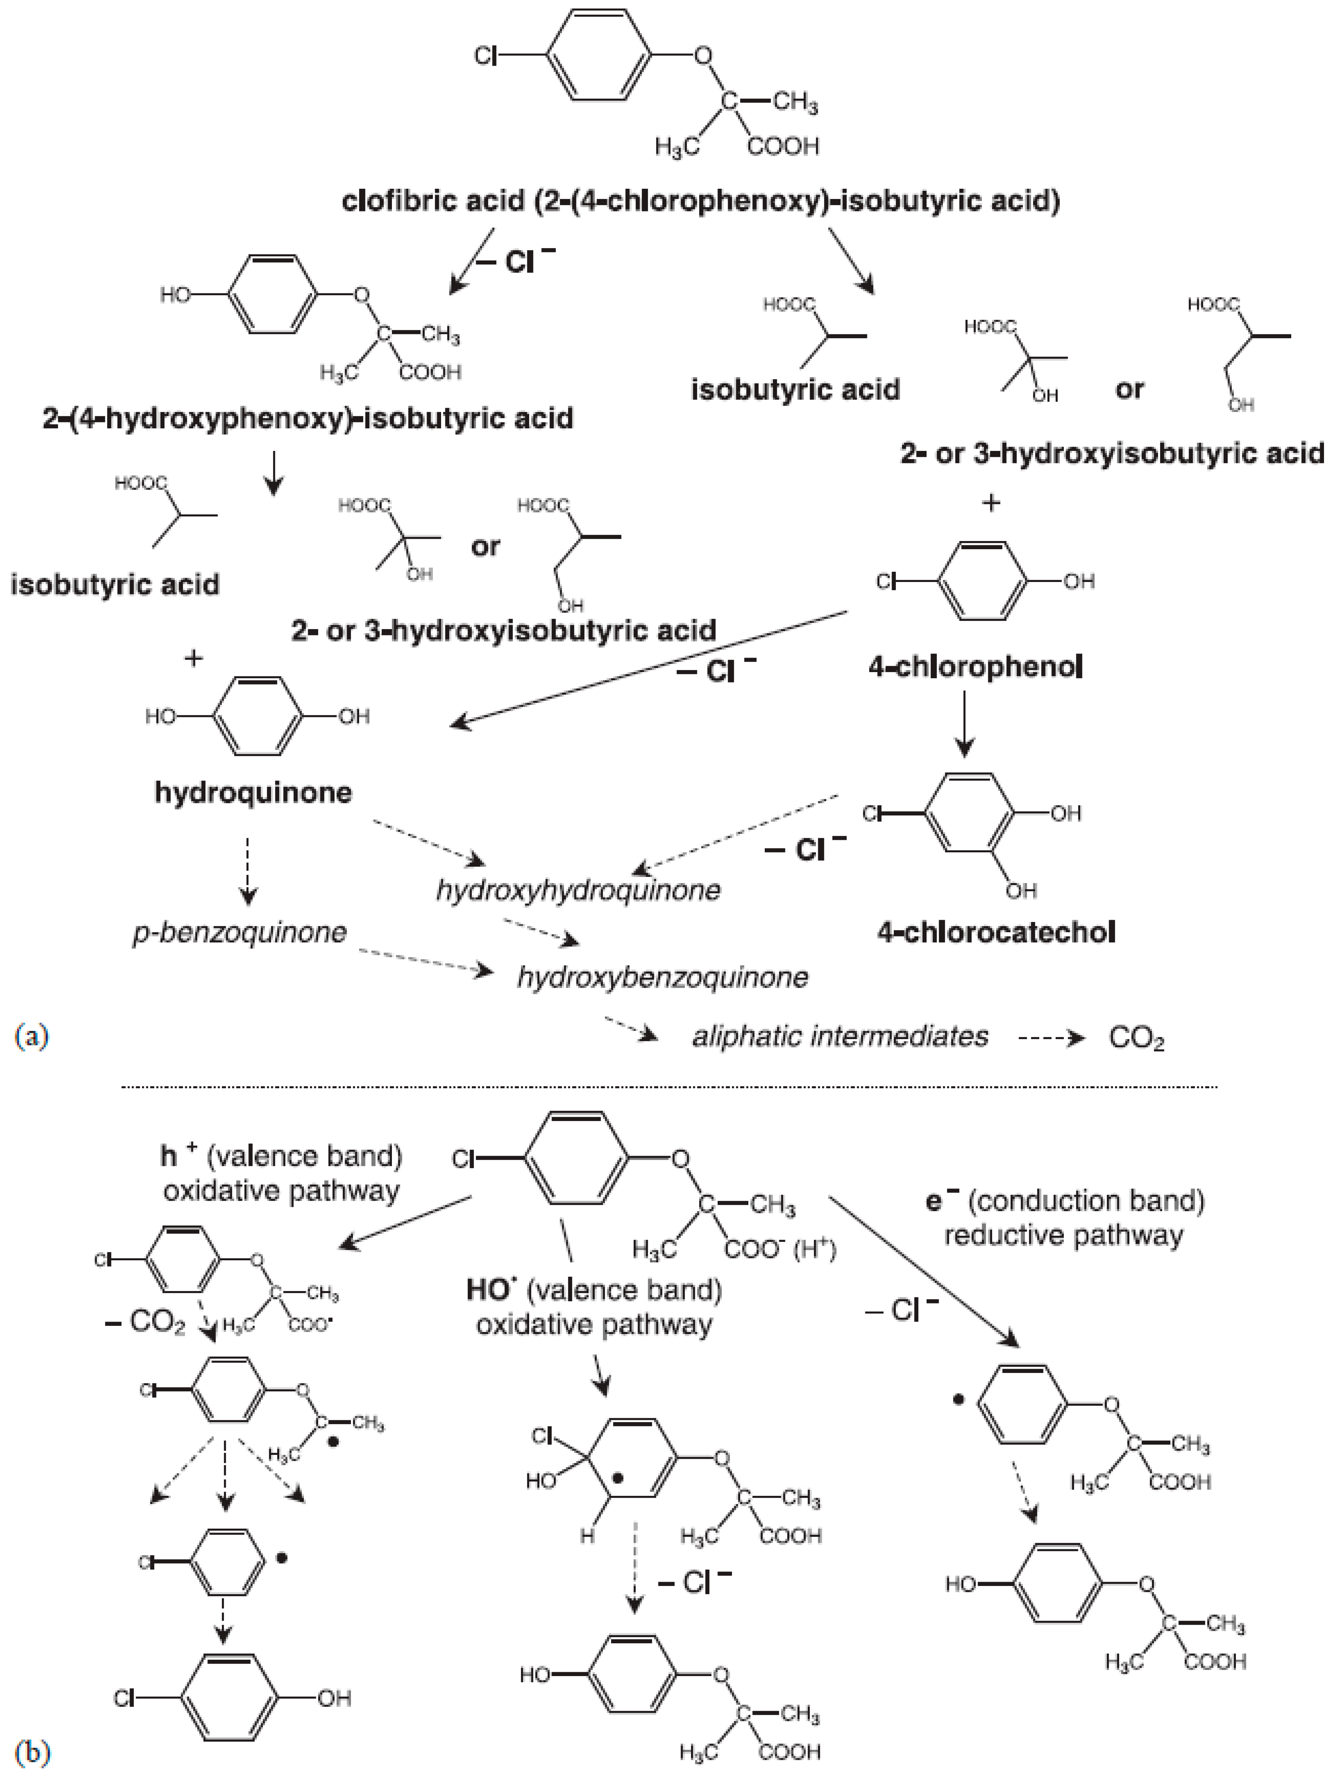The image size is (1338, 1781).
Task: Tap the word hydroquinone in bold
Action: [253, 792]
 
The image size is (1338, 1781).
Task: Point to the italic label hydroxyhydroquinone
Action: [578, 890]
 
